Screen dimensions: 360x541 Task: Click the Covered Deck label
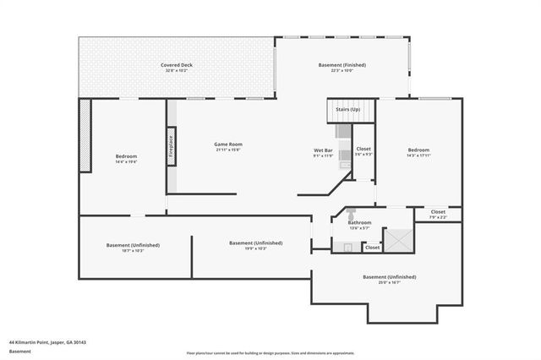(178, 65)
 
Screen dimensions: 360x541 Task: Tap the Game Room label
(228, 145)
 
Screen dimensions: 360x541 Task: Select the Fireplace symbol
(171, 149)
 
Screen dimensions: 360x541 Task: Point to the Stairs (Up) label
(348, 110)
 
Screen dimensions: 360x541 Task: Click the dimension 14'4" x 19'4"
(126, 161)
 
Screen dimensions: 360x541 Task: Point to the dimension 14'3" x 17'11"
(419, 155)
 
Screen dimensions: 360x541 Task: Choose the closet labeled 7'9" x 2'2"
(438, 215)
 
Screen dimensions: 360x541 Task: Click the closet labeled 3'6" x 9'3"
(363, 153)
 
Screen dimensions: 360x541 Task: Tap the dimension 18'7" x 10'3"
(133, 250)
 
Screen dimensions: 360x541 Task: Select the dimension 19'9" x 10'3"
(256, 248)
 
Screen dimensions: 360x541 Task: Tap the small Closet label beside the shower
(372, 248)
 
